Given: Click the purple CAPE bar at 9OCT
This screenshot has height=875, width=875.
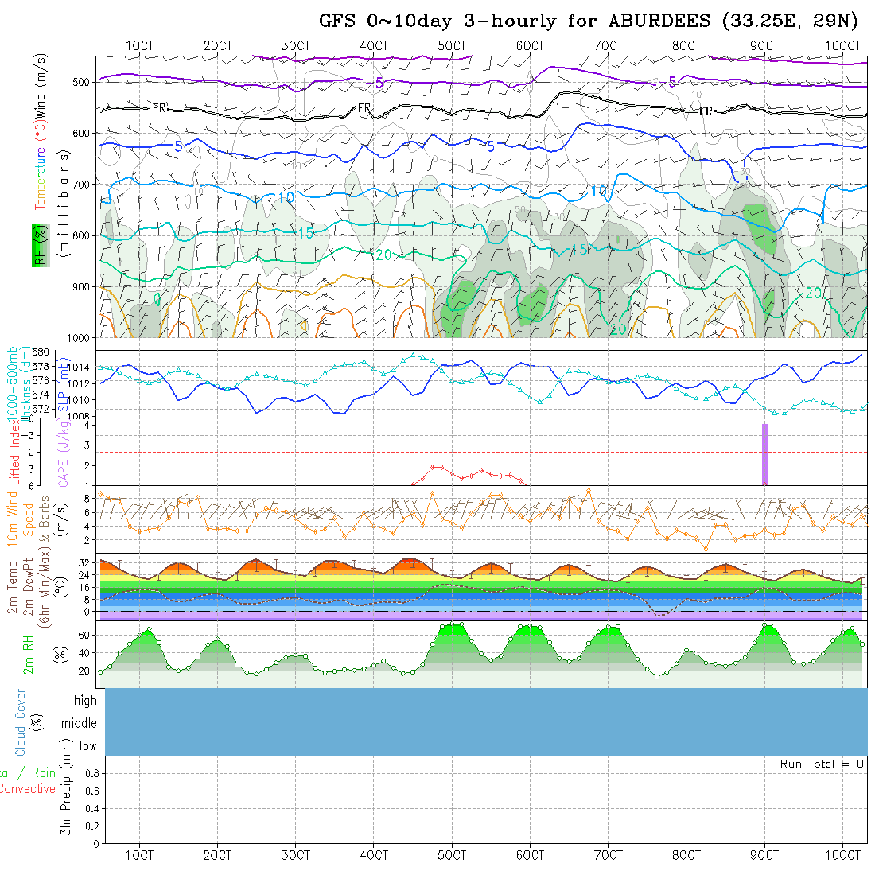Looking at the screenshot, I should tap(764, 453).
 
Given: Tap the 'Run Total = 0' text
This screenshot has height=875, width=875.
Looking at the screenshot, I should tap(822, 764).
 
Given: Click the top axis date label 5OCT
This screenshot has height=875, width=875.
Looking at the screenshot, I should tap(452, 46).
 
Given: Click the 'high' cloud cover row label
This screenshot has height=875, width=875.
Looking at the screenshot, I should tap(85, 701).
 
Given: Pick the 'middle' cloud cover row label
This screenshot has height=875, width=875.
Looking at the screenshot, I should tap(79, 723).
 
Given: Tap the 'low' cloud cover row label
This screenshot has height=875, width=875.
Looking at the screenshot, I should tap(87, 746).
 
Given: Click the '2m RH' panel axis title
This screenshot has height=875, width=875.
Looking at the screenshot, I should tap(29, 654).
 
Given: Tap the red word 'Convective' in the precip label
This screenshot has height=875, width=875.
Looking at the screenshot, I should tap(27, 789).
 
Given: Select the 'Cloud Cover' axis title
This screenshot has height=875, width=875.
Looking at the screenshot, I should tap(21, 723).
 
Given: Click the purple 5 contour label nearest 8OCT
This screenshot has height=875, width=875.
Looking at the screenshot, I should tap(672, 82).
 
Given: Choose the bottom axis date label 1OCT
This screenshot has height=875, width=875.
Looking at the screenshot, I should tap(140, 855).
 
